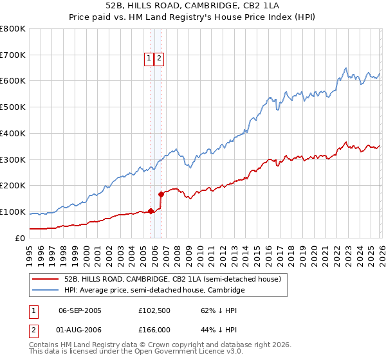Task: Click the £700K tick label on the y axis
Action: click(13, 55)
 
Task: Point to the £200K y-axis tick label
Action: click(13, 186)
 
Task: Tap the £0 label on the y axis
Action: click(21, 238)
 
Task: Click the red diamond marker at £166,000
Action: click(161, 194)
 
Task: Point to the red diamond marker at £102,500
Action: click(151, 210)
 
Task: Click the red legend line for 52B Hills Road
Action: click(45, 280)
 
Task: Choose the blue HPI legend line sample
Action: click(45, 291)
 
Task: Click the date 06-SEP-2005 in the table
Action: click(80, 310)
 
